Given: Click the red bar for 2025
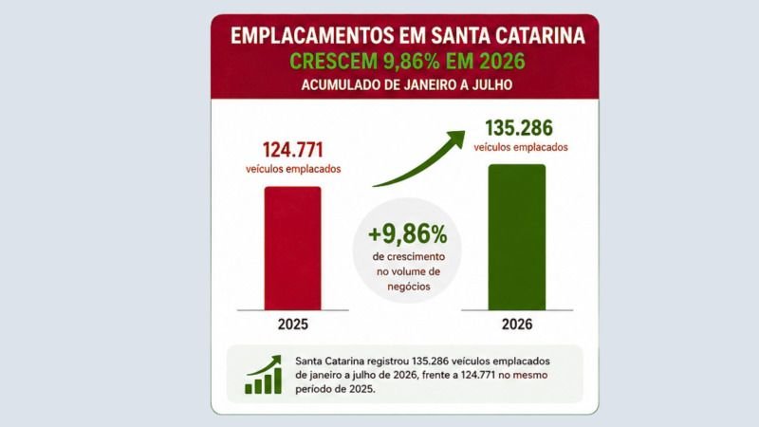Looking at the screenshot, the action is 292,248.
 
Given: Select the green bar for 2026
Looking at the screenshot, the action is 516,237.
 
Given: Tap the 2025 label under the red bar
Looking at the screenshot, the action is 293,325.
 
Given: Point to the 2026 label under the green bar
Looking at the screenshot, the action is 517,325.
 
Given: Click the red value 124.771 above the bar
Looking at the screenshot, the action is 293,150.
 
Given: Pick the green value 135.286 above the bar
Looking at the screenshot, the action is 518,128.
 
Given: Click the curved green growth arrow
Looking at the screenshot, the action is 417,158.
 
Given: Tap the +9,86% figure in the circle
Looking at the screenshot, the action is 408,234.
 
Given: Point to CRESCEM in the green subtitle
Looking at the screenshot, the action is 334,62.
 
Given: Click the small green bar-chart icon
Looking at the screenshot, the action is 264,375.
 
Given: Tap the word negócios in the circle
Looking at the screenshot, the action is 409,287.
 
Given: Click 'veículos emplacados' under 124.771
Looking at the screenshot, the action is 293,169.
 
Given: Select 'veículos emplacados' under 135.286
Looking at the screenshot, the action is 520,147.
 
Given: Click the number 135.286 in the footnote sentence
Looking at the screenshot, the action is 431,362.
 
